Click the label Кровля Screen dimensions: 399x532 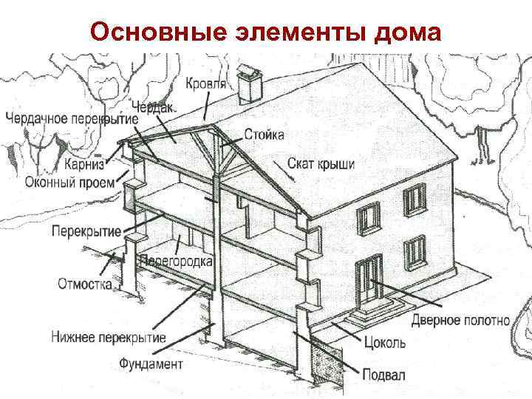click(205, 83)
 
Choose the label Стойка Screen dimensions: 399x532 click(264, 135)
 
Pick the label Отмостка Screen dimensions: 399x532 click(85, 284)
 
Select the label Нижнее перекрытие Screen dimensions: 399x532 click(108, 338)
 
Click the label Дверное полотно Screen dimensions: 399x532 click(460, 321)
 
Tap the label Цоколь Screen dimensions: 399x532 click(385, 344)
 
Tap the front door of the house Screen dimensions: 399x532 click(367, 279)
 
